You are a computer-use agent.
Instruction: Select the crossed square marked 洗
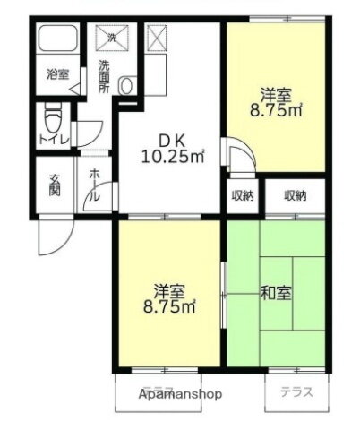click(x=113, y=39)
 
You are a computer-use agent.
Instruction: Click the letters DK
click(x=173, y=140)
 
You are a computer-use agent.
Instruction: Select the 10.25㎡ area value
click(x=173, y=157)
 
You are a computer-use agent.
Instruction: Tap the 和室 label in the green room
click(x=274, y=293)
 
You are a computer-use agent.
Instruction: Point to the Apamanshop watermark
click(x=179, y=393)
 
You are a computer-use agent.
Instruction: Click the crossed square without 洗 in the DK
click(x=158, y=40)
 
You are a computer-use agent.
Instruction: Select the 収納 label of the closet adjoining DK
click(x=243, y=196)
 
